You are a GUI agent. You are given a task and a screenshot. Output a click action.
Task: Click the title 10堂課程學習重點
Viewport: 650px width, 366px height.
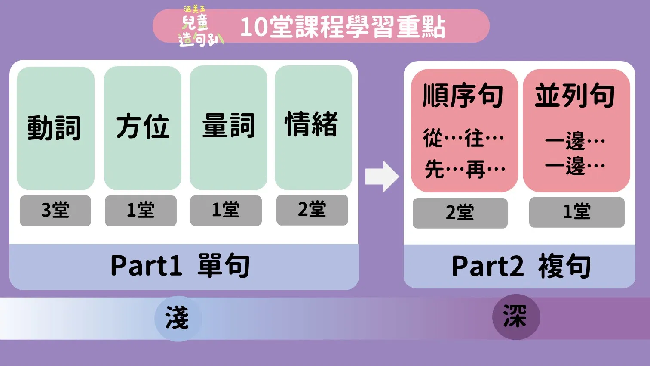click(343, 27)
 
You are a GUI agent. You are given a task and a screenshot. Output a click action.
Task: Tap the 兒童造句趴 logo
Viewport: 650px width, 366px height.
click(200, 27)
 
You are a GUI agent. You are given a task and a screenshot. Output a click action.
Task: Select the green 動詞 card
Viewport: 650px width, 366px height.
click(55, 128)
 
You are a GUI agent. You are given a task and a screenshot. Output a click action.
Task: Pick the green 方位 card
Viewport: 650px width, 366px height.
click(142, 128)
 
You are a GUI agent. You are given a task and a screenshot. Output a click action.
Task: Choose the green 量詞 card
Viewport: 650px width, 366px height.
click(228, 128)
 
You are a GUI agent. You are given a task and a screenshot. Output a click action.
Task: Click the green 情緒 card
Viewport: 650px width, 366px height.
click(313, 127)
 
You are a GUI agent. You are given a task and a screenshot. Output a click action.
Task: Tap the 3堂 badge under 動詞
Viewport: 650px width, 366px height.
click(55, 211)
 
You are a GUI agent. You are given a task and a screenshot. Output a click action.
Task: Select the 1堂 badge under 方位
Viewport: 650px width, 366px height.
click(141, 211)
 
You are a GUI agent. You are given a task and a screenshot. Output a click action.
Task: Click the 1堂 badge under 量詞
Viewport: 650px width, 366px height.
click(226, 211)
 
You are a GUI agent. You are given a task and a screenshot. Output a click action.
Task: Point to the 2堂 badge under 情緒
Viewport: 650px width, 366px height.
click(312, 210)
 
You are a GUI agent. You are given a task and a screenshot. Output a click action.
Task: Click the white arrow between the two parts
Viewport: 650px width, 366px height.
click(382, 177)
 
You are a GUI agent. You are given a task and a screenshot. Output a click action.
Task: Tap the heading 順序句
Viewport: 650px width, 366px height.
click(463, 96)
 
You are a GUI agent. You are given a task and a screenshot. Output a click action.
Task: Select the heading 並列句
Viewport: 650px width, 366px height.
click(575, 95)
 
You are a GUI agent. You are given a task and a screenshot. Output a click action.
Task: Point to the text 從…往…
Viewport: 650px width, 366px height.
click(463, 138)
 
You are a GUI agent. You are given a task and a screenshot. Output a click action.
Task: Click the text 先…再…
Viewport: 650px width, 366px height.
click(465, 169)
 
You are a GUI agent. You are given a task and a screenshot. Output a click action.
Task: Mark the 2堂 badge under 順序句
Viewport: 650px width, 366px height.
click(460, 213)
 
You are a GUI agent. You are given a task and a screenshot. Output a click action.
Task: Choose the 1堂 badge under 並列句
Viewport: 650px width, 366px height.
click(577, 212)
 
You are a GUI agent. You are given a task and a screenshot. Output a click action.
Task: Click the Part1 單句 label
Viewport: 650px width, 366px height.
click(180, 265)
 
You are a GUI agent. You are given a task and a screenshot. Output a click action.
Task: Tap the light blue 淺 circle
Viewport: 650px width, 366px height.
click(178, 318)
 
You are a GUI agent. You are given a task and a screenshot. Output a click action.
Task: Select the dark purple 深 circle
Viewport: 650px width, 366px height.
click(516, 317)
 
